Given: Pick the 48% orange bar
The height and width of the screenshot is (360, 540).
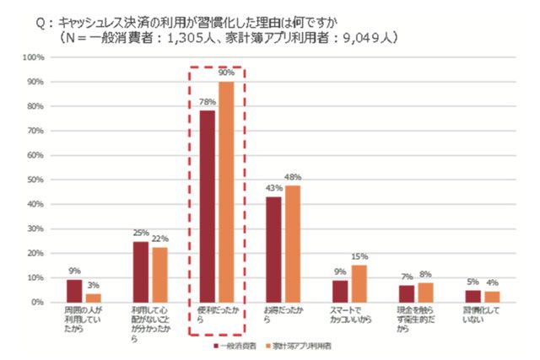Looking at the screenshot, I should click(292, 243).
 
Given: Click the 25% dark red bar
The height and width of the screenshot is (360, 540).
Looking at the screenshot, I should click(141, 271).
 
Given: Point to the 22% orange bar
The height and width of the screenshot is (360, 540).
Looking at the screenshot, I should click(159, 275).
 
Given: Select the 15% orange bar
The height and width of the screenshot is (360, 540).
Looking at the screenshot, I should click(359, 283).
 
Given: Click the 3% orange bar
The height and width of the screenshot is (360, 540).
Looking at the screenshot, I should click(94, 298).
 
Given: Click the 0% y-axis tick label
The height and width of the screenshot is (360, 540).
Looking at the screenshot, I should click(36, 302).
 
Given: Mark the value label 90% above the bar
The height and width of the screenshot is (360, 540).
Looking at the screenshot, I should click(227, 74).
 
